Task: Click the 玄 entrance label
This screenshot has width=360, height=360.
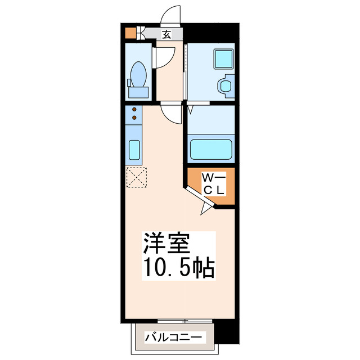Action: (166, 34)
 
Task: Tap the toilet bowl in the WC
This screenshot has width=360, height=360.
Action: (138, 74)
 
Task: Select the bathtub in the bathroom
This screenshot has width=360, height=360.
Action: (211, 150)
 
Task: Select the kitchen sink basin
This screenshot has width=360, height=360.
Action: (134, 150)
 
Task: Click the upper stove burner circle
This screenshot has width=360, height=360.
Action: (134, 109)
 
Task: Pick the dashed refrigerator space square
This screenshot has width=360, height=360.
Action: (136, 178)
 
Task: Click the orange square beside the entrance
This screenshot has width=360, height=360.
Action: (130, 33)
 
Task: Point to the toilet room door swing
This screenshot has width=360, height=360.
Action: (163, 57)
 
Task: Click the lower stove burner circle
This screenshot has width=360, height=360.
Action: (134, 118)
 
